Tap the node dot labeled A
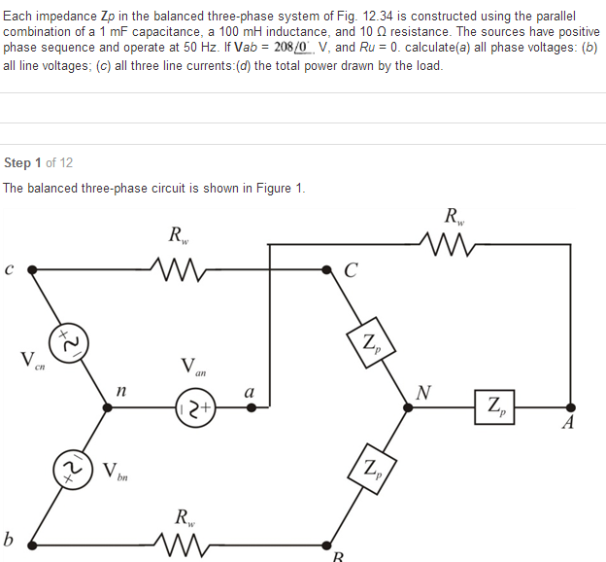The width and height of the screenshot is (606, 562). [570, 407]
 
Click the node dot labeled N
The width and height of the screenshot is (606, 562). [409, 408]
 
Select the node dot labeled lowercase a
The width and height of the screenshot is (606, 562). [251, 408]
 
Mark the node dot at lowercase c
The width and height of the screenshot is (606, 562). [32, 267]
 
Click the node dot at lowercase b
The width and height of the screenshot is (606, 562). [32, 542]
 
